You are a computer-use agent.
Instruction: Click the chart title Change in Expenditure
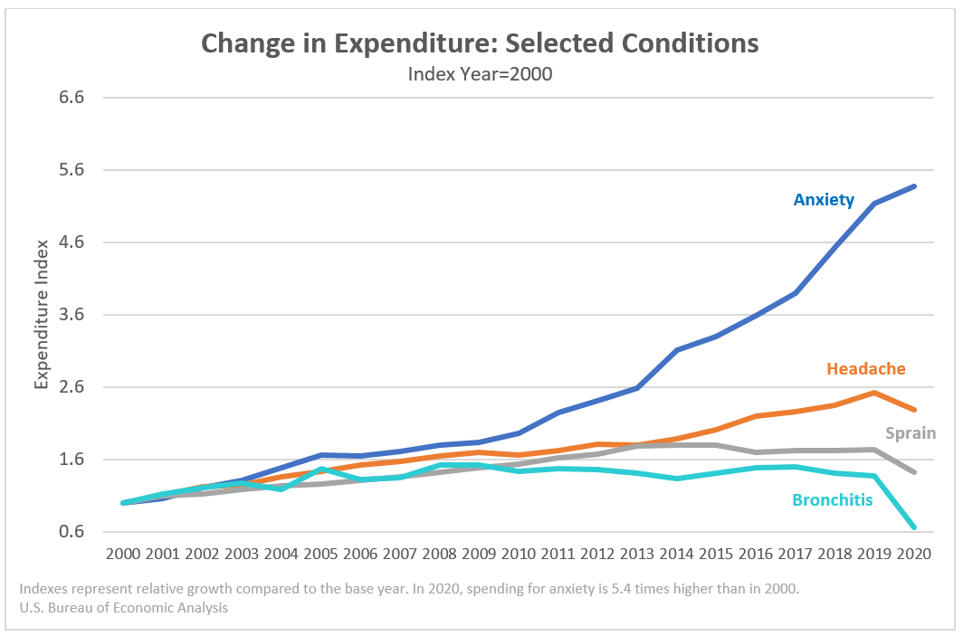point(480,43)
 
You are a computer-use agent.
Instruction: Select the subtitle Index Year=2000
point(480,74)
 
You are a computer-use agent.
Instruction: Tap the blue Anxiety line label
point(824,200)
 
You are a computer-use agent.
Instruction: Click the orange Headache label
point(865,368)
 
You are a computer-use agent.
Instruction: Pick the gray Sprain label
point(910,432)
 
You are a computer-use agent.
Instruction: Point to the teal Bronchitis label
point(833,499)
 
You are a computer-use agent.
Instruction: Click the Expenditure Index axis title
point(41,315)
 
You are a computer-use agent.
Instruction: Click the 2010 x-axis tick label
point(520,553)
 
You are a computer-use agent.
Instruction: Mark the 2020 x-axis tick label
point(914,553)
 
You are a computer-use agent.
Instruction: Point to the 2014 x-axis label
point(678,553)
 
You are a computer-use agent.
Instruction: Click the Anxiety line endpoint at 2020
point(914,186)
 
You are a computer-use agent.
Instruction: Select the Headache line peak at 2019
point(874,393)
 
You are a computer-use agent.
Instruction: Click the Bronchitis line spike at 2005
point(321,469)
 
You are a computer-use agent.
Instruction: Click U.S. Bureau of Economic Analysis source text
point(123,608)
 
